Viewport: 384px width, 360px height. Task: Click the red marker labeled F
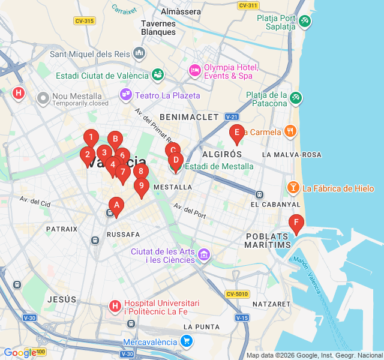pos(296,223)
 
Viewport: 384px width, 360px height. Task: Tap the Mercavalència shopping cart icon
pos(187,341)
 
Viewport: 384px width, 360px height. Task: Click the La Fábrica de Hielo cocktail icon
pos(293,188)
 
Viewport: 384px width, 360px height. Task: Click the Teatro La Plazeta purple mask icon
pos(126,95)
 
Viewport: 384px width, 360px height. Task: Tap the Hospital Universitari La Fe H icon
pos(115,307)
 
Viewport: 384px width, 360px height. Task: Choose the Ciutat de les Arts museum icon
pos(204,256)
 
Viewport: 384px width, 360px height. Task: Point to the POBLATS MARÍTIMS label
pos(268,240)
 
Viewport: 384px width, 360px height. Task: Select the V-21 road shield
pos(232,116)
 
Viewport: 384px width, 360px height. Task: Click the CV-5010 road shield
pos(238,294)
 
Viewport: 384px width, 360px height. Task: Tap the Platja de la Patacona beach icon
pos(295,97)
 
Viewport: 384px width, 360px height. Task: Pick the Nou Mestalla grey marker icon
pos(43,97)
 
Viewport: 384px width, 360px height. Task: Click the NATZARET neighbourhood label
pos(271,304)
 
